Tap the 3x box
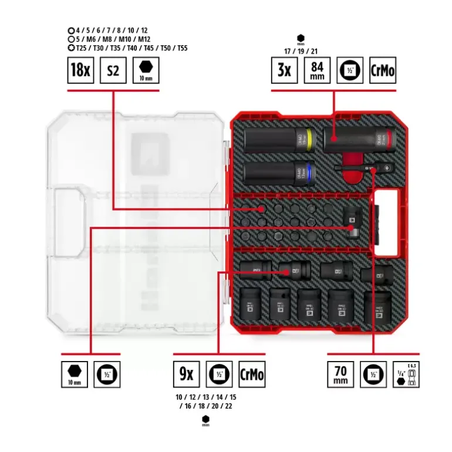[284, 70]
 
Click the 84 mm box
[317, 70]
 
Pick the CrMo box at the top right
[383, 70]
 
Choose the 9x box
[186, 373]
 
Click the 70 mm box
[340, 373]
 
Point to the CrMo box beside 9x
[252, 373]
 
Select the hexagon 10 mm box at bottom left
[74, 373]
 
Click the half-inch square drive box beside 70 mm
[373, 373]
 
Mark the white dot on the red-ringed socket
[333, 139]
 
